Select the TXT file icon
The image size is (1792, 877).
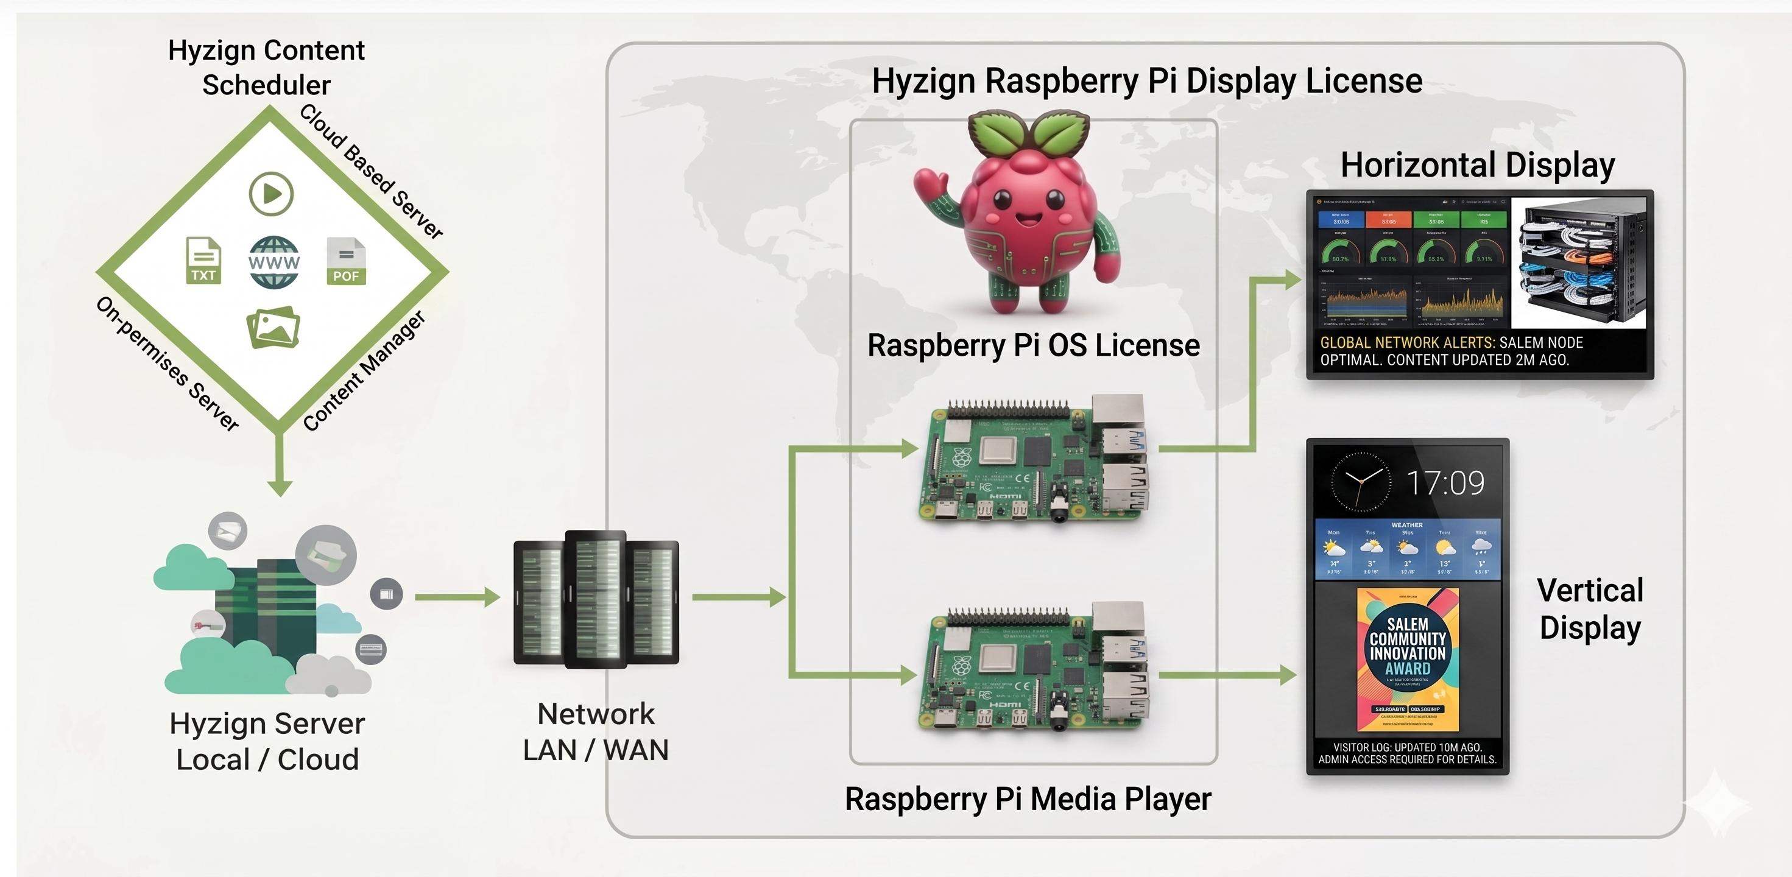203,260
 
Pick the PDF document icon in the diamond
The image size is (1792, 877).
346,261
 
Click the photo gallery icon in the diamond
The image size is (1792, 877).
273,327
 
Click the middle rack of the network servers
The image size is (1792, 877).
596,598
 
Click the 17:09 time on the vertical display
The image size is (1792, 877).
1445,483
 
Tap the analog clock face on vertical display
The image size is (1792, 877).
1360,482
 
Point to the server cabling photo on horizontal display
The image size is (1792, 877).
1579,264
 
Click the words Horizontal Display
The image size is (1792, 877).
1478,166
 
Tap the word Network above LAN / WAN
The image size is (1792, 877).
596,714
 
